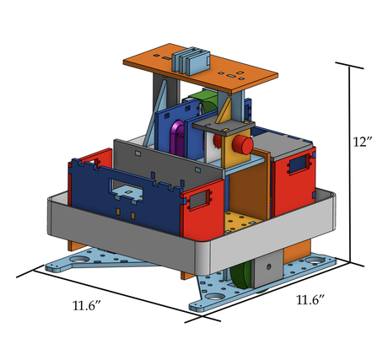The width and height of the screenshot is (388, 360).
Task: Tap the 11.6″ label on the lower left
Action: pyautogui.click(x=87, y=306)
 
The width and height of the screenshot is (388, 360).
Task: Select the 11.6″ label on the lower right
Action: pyautogui.click(x=310, y=300)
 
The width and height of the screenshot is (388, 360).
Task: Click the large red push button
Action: pyautogui.click(x=242, y=144)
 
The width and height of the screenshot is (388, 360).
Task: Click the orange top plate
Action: pyautogui.click(x=201, y=69)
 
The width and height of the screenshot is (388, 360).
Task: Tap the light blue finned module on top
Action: pyautogui.click(x=191, y=61)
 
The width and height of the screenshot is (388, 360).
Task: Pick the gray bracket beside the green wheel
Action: pyautogui.click(x=267, y=268)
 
